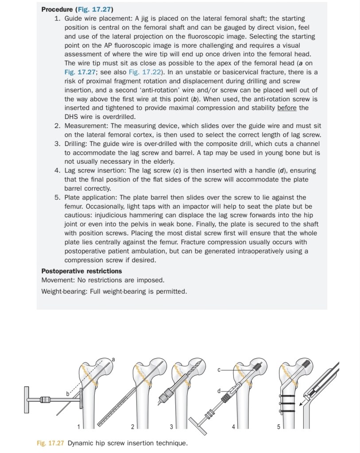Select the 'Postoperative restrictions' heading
point(81,271)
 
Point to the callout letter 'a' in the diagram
point(113,359)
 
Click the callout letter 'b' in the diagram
point(68,393)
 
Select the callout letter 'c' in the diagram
point(219,369)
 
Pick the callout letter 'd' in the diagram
point(219,391)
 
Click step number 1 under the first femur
point(79,426)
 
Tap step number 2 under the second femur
point(132,426)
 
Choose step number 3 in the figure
point(171,426)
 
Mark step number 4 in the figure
point(234,426)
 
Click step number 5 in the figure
point(279,426)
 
